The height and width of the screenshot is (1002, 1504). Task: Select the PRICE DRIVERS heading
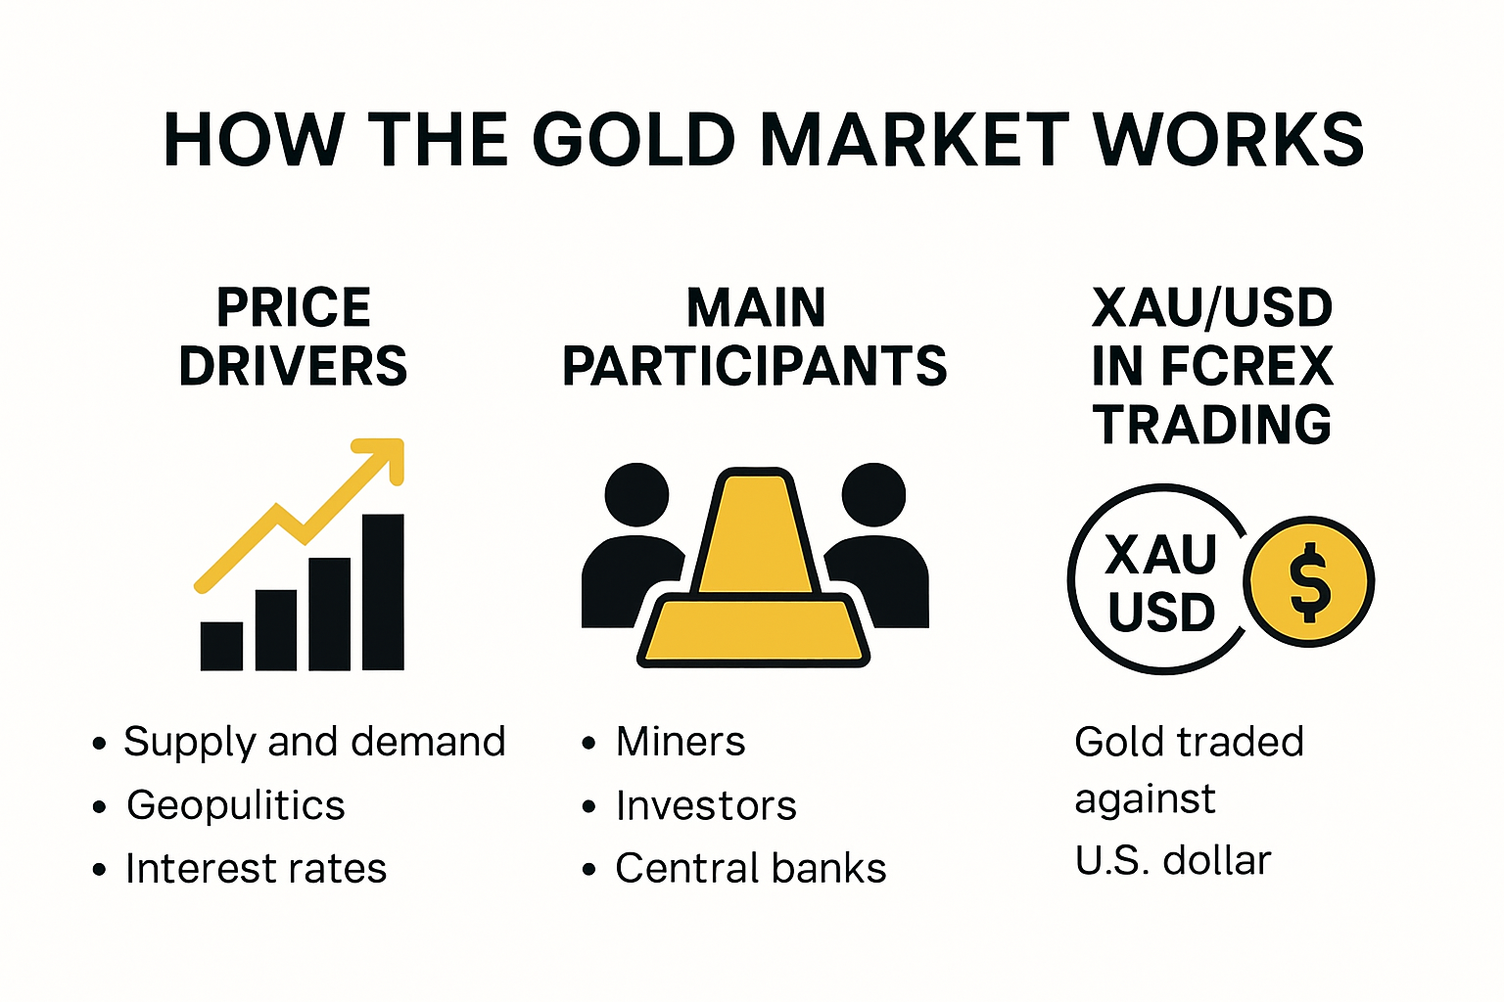coord(293,337)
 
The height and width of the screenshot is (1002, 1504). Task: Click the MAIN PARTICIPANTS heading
coord(755,337)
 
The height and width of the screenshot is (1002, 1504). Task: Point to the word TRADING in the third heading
coord(1212,425)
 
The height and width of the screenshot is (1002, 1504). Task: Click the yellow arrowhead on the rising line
coord(385,457)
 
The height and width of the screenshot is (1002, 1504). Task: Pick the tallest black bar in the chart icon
coord(383,592)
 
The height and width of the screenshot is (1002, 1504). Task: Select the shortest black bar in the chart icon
coord(221,646)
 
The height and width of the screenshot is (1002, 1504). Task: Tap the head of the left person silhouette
coord(636,494)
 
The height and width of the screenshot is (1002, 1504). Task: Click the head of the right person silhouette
coord(873,494)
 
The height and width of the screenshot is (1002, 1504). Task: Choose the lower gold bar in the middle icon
coord(753,631)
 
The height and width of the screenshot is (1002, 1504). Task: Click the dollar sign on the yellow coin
coord(1309,582)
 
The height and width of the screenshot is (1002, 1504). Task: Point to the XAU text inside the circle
coord(1161,555)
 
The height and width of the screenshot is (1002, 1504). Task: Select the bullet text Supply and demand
coord(314,742)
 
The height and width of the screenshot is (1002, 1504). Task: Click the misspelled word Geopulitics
coord(236,805)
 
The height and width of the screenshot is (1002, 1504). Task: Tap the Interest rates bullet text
coord(257,869)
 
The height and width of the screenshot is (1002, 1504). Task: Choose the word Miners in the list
coord(681,742)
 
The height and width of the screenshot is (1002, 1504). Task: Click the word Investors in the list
coord(706,805)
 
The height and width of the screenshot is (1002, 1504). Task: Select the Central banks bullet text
coord(751,869)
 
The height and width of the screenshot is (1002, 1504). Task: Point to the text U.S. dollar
coord(1173,861)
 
